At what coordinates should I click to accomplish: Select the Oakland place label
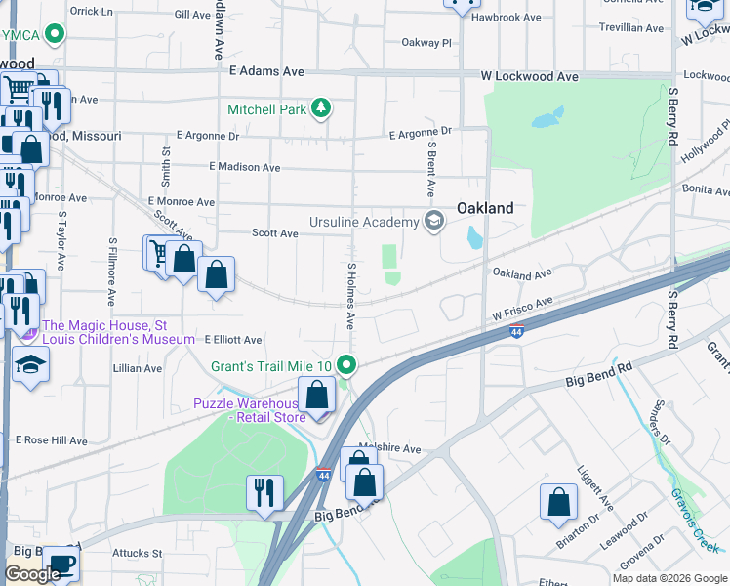click(x=485, y=208)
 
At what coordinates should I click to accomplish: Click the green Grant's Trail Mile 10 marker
click(x=346, y=366)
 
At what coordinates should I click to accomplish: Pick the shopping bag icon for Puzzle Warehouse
click(x=317, y=396)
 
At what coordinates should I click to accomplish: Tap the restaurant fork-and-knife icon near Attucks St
click(x=264, y=492)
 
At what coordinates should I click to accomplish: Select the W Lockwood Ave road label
click(x=530, y=76)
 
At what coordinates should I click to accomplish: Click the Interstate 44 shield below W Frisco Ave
click(x=517, y=332)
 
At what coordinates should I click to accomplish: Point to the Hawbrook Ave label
click(x=506, y=18)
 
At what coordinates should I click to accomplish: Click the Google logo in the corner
click(x=33, y=574)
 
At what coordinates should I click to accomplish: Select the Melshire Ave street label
click(x=389, y=448)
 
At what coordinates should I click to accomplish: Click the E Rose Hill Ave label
click(x=51, y=440)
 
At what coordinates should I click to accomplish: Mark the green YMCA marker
click(x=56, y=35)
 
